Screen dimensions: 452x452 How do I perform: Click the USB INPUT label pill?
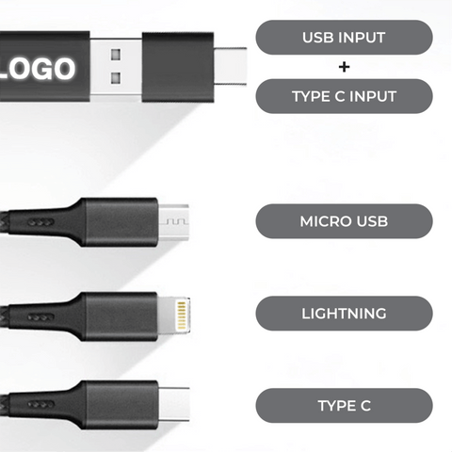pos(344,38)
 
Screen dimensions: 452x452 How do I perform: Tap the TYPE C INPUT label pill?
pos(344,96)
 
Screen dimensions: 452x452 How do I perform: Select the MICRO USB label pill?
pos(344,221)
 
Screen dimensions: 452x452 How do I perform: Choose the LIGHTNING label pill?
pos(344,314)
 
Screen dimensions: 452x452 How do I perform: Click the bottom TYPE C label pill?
pos(344,406)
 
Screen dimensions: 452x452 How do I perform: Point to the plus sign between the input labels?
pos(344,67)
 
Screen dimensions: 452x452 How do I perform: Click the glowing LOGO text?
pos(37,69)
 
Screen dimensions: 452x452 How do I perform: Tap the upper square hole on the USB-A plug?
pos(116,55)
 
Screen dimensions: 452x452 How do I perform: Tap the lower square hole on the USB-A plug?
pos(116,78)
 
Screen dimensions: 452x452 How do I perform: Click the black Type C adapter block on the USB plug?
pos(178,67)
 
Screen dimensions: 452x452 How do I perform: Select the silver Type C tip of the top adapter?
pos(231,66)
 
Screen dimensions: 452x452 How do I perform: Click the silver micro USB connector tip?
pos(173,222)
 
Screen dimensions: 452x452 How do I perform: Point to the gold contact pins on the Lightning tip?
pos(182,315)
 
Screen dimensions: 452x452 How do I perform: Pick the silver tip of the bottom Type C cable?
pos(174,404)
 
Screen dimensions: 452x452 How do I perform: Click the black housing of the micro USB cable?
pos(120,222)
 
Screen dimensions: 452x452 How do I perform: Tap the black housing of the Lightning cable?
pos(120,316)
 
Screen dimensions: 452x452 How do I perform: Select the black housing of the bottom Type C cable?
pos(120,405)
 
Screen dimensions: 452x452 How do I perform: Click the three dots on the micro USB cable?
pos(40,222)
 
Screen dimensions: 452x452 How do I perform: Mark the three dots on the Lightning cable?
pos(40,317)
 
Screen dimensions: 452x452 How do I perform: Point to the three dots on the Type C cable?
pos(40,405)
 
